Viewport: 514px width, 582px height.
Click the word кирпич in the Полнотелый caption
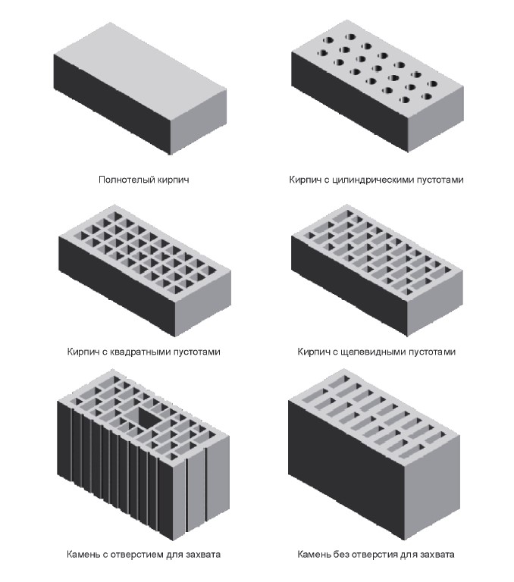[173, 180]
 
